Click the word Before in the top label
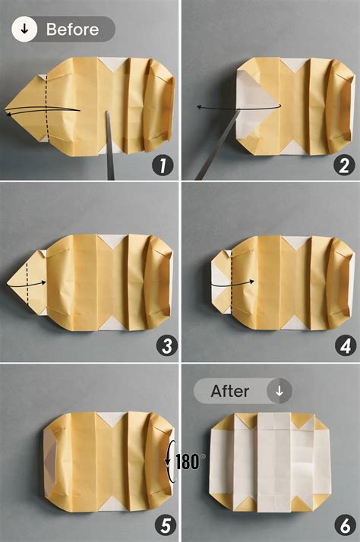pyautogui.click(x=72, y=30)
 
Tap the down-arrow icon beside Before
pyautogui.click(x=25, y=30)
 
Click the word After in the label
pyautogui.click(x=230, y=391)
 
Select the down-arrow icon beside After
pyautogui.click(x=279, y=391)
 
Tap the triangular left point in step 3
pyautogui.click(x=11, y=285)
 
